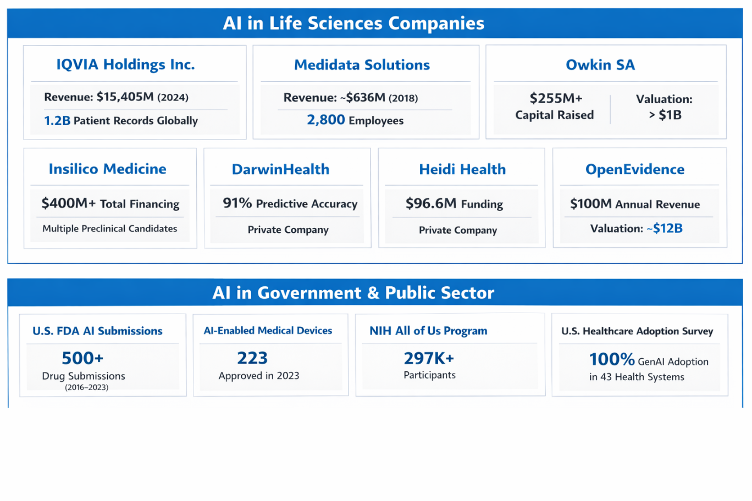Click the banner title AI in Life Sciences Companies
click(353, 24)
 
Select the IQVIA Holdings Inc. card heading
click(125, 65)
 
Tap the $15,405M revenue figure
click(125, 97)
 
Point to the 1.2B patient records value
click(57, 121)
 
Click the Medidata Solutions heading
click(362, 65)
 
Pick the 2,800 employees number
click(326, 120)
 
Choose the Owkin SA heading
click(600, 65)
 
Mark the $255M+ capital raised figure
click(556, 98)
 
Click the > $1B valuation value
click(665, 115)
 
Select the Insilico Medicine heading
click(107, 169)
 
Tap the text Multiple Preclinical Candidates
click(110, 229)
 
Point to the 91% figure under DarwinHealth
click(237, 203)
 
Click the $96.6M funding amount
click(431, 204)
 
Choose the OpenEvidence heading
click(635, 169)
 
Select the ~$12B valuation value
click(665, 229)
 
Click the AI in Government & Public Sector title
click(353, 293)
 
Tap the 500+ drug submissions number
click(82, 358)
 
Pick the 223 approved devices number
click(252, 358)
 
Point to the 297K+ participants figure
click(429, 358)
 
